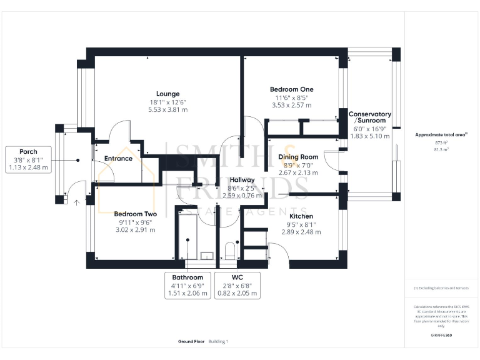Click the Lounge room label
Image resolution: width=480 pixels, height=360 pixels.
(167, 94)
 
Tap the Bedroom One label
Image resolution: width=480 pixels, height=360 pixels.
(291, 89)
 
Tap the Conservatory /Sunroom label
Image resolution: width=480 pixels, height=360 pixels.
(370, 117)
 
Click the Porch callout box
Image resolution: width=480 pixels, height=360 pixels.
(28, 159)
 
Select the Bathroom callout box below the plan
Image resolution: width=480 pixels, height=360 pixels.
(187, 285)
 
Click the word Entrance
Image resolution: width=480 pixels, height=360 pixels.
(118, 158)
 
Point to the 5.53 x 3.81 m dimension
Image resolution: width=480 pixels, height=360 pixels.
(167, 109)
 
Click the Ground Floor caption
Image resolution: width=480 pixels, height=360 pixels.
(191, 341)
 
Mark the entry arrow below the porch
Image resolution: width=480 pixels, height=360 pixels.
(77, 202)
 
